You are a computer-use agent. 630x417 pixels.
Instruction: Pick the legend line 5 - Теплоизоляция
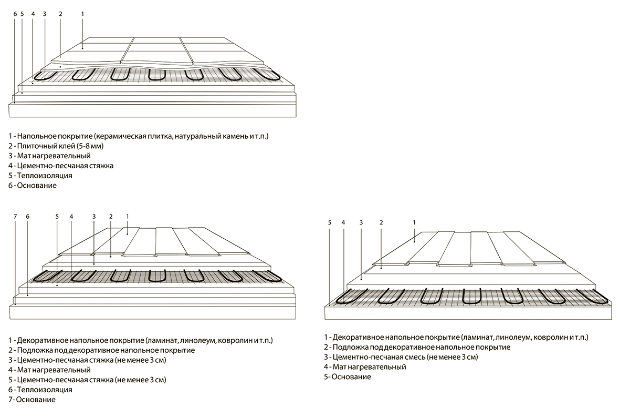click(x=40, y=176)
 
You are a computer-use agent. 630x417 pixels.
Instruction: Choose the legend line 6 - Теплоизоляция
click(x=40, y=390)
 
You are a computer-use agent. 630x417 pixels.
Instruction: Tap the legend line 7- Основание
click(x=32, y=400)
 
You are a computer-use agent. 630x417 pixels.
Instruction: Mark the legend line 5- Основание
click(x=348, y=377)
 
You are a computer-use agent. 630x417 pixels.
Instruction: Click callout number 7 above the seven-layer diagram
click(x=15, y=216)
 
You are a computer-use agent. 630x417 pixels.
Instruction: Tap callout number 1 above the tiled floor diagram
click(x=82, y=13)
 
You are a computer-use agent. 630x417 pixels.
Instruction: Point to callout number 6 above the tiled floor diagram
click(x=15, y=13)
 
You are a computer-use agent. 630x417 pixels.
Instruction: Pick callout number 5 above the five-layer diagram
click(x=330, y=222)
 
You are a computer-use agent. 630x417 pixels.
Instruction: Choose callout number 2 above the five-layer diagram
click(x=381, y=222)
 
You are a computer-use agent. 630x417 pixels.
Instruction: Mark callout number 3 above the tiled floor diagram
click(x=44, y=13)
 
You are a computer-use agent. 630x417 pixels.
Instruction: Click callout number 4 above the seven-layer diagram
click(x=71, y=216)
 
